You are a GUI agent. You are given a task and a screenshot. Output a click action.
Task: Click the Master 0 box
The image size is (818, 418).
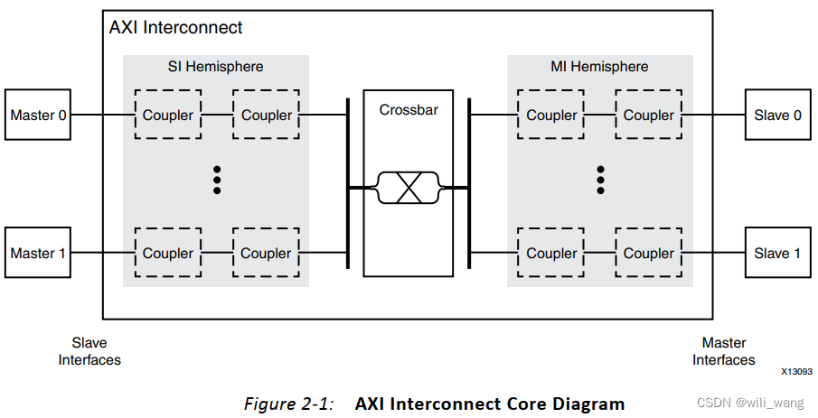38,115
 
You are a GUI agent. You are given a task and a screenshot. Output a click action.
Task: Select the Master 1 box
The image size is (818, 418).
38,253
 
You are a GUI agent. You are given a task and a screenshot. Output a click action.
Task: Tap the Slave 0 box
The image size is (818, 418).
777,115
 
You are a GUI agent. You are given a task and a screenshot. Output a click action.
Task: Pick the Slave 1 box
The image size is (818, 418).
777,253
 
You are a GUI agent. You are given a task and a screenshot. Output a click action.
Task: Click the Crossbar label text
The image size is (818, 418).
408,110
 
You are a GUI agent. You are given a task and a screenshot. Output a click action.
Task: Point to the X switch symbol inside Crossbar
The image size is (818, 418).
408,188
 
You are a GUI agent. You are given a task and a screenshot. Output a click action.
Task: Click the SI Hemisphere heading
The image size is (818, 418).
216,67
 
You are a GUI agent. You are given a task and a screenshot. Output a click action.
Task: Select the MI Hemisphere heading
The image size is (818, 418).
599,67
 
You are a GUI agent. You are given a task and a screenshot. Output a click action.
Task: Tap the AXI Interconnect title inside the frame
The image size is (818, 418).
175,27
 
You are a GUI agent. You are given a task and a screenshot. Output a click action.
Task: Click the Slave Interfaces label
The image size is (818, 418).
89,351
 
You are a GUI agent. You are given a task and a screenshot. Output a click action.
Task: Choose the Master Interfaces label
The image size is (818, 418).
723,351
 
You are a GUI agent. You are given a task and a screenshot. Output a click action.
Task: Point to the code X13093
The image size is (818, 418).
795,371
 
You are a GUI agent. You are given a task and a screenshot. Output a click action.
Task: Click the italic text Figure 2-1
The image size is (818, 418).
288,404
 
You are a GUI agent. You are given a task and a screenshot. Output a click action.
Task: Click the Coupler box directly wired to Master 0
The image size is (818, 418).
167,115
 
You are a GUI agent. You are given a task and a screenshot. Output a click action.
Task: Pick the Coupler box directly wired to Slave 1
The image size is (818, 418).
648,253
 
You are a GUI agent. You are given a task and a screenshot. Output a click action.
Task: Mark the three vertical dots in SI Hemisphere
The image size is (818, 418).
217,179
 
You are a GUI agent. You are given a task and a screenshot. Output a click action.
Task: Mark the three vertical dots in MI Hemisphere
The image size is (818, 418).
600,179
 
